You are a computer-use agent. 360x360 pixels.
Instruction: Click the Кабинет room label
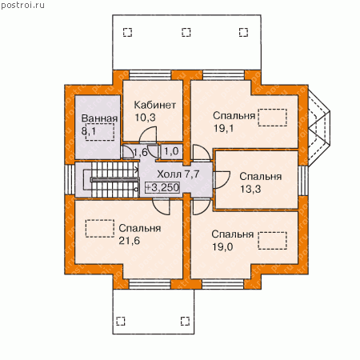tap(154, 105)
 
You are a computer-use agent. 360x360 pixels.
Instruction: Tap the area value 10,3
tap(145, 118)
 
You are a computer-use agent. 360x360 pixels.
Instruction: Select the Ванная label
tap(99, 118)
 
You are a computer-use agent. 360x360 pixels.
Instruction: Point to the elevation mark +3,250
tap(162, 187)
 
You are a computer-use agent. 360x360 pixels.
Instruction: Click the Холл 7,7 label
tap(178, 174)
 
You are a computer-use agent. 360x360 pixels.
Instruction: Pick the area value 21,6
tap(130, 241)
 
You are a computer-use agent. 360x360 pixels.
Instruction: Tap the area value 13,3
tap(250, 189)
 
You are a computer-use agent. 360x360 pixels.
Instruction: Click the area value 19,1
tap(223, 128)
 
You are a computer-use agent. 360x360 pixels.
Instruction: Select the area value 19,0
tap(222, 247)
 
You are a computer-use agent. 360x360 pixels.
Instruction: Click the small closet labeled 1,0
tap(172, 152)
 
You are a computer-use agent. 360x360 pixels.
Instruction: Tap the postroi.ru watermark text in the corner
tap(22, 6)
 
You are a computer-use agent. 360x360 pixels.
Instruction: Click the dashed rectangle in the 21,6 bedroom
tap(100, 229)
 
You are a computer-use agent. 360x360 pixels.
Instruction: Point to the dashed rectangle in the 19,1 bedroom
tap(273, 118)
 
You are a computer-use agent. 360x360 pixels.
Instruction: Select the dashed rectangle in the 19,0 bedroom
tap(273, 241)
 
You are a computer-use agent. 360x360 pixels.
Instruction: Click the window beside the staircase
tap(70, 180)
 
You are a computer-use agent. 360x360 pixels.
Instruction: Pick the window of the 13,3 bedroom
tap(303, 181)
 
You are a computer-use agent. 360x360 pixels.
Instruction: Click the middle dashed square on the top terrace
tap(186, 32)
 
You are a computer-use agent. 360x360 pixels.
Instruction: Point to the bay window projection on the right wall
tap(319, 127)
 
